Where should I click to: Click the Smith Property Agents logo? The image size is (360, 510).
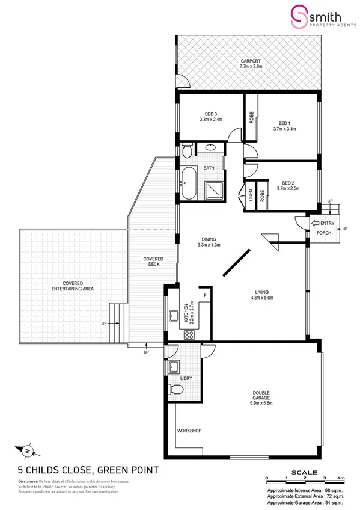click(x=311, y=16)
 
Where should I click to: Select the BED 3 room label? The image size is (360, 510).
click(x=210, y=114)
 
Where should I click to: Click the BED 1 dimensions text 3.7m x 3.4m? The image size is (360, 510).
click(x=284, y=129)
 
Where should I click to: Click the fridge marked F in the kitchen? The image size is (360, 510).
click(x=206, y=296)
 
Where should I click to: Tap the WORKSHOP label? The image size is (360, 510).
click(x=188, y=431)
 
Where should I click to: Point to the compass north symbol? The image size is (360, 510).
click(x=27, y=449)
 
